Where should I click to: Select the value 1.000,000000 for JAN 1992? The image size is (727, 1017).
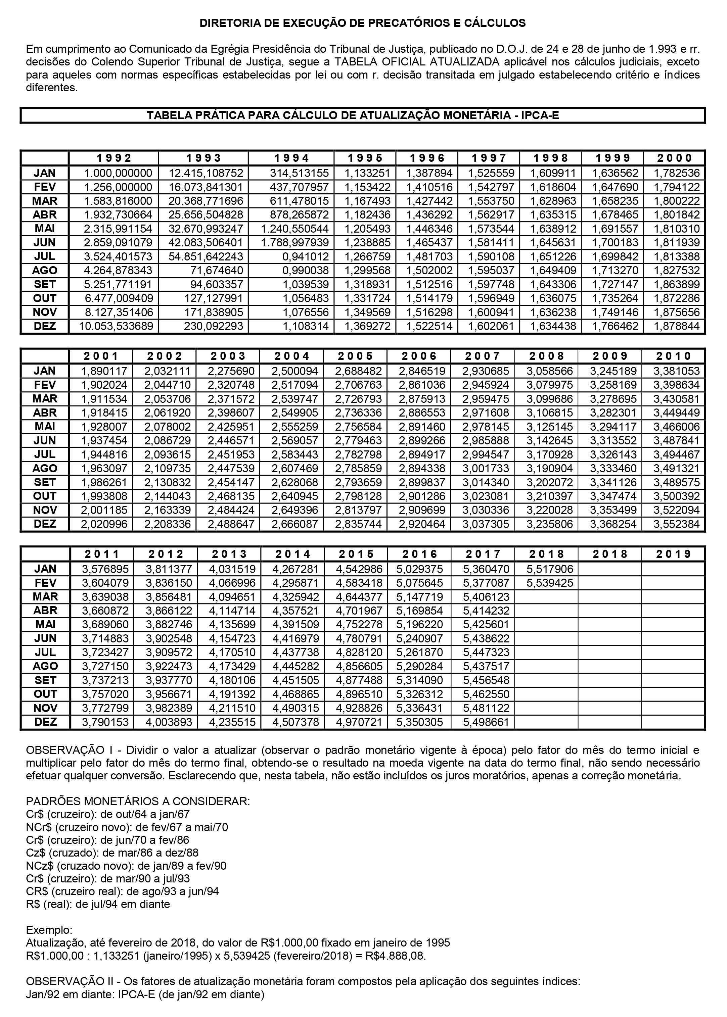[118, 173]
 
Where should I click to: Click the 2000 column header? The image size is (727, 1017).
[674, 158]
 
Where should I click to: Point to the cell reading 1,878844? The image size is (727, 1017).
[676, 326]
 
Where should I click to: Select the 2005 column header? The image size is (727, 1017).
[356, 356]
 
